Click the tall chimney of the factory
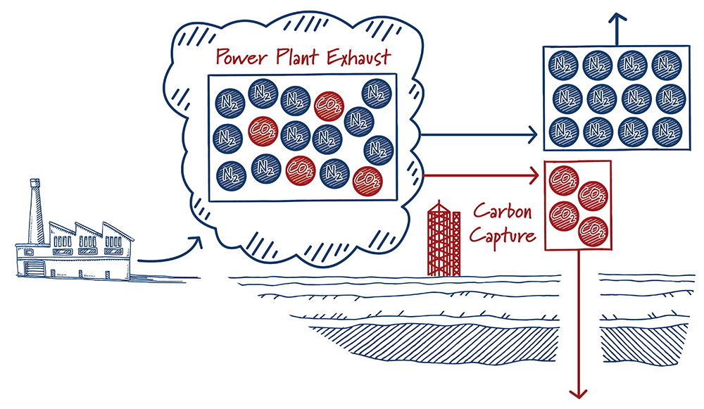34,211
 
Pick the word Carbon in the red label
501,212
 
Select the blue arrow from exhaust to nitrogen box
479,133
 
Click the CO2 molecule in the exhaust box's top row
329,104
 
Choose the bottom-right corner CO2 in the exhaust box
365,179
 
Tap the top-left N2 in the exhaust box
230,102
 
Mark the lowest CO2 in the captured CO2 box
592,229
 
